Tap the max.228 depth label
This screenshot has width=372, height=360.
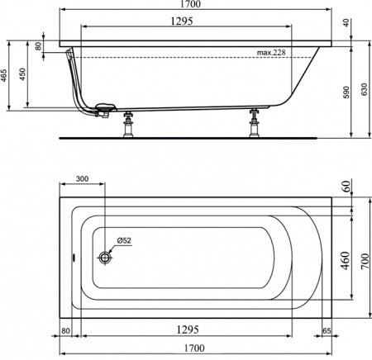pyautogui.click(x=272, y=54)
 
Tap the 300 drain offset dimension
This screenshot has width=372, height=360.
pyautogui.click(x=83, y=179)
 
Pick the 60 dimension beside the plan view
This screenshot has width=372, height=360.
pyautogui.click(x=345, y=186)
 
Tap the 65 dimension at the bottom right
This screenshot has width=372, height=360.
pyautogui.click(x=328, y=330)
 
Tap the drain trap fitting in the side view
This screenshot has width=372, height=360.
pyautogui.click(x=104, y=110)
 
